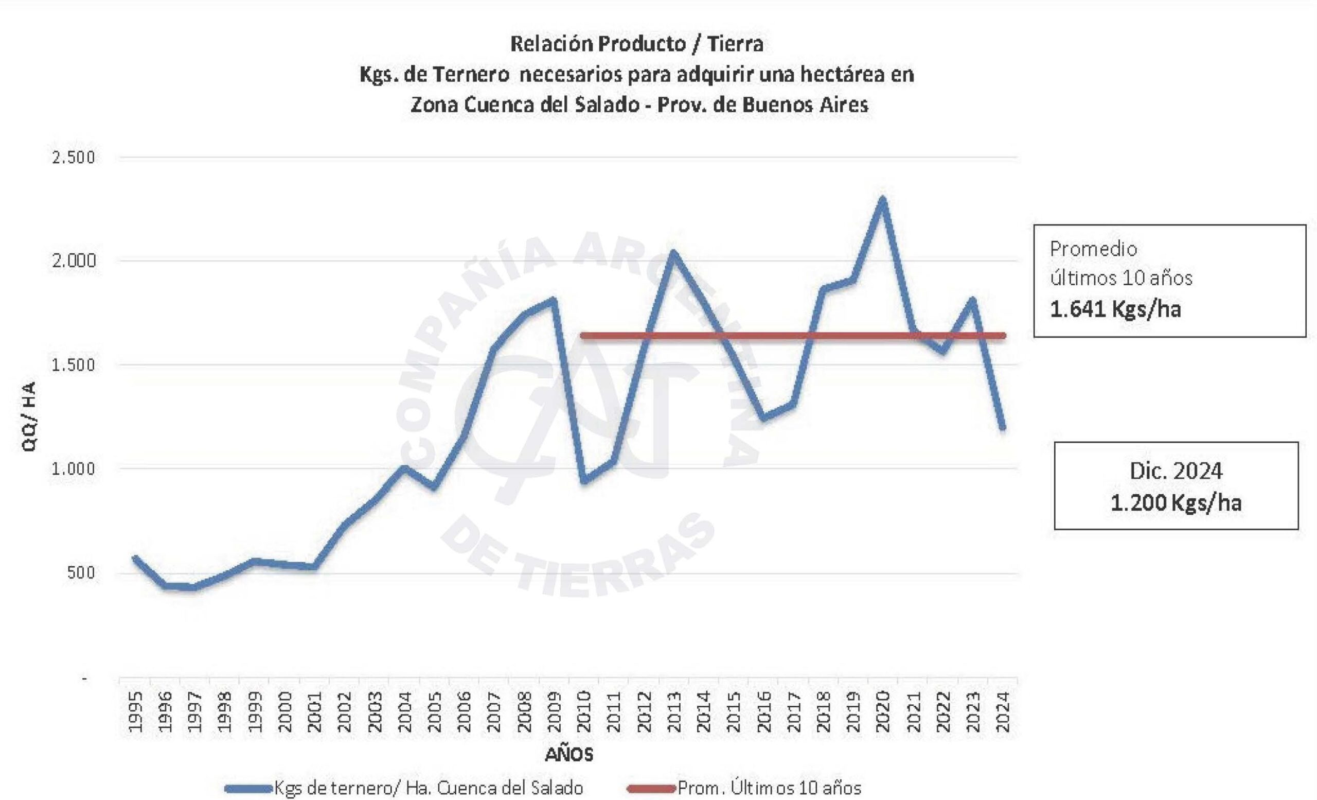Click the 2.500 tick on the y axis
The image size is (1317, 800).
point(73,158)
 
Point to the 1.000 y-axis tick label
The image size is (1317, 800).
point(73,469)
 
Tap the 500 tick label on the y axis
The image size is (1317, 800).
point(81,573)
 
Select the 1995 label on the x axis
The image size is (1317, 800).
point(136,712)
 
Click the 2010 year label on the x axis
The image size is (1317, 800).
point(584,712)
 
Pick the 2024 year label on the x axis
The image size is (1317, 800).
point(1003,712)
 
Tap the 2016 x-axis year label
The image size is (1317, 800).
point(764,712)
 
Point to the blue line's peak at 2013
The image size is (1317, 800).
point(673,252)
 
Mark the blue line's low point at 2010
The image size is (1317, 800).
point(584,480)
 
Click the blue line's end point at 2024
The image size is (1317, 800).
point(1003,428)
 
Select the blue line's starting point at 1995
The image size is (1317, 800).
point(135,558)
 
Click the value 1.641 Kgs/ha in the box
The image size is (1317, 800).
point(1115,309)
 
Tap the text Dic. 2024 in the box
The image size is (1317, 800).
point(1176,471)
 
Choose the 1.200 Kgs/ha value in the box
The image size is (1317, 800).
point(1176,502)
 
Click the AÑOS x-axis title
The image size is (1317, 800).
point(568,755)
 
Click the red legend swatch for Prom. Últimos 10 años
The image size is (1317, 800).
point(651,788)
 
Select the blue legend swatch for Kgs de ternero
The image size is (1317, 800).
point(248,788)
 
